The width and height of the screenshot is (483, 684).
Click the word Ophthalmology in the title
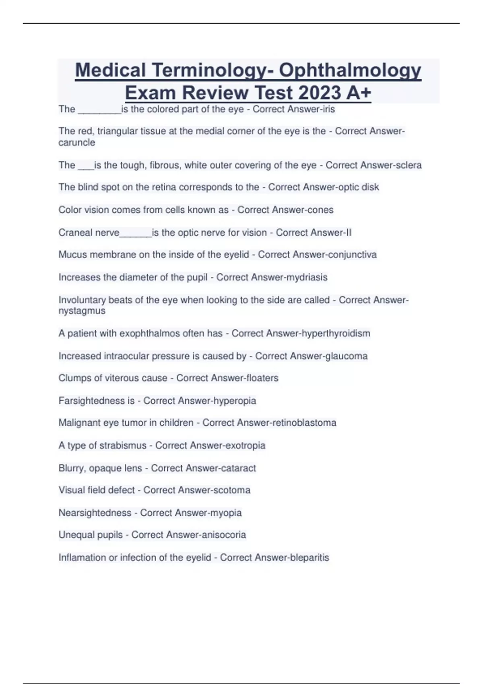point(350,70)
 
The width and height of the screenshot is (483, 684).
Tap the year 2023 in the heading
point(320,93)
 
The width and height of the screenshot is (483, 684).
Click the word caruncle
point(77,142)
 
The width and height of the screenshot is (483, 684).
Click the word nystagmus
point(82,311)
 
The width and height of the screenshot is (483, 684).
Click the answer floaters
point(258,378)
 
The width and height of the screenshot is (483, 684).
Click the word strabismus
point(123,445)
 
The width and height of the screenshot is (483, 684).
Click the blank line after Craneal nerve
point(136,233)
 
